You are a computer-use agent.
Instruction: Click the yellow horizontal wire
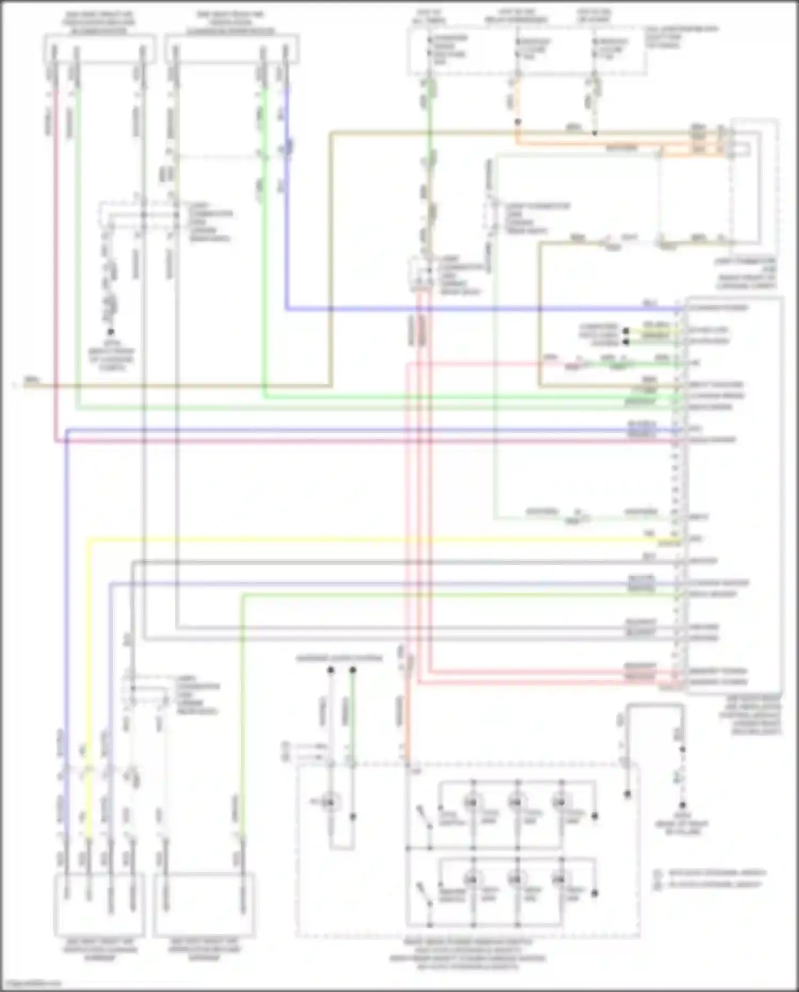tap(373, 539)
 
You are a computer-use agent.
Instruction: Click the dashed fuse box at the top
tap(527, 51)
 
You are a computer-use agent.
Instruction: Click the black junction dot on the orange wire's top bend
tap(517, 122)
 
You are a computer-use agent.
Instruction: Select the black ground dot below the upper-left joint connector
tap(111, 332)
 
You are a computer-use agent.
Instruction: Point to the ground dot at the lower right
tap(682, 805)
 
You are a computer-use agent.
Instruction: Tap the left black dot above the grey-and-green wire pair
tap(330, 670)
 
